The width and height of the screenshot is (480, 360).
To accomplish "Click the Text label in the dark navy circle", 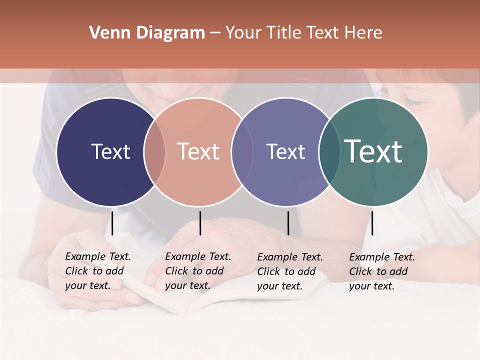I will click(110, 151).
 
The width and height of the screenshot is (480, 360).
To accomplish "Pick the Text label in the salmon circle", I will click(198, 151).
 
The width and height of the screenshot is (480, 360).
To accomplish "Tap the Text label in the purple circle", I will click(285, 151).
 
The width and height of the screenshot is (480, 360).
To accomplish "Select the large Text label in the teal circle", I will click(373, 151).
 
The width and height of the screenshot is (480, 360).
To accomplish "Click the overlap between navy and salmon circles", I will click(154, 151).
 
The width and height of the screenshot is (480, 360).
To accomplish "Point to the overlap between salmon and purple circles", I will click(242, 151).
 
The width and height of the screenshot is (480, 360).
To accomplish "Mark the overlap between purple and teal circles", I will click(328, 151).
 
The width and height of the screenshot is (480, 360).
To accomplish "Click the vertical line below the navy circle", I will click(112, 223).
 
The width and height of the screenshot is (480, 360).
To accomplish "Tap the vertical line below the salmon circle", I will click(200, 223).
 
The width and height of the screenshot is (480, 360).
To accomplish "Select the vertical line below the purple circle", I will click(288, 223).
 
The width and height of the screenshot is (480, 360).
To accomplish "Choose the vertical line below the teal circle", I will click(372, 223).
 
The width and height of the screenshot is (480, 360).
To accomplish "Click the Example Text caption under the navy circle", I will click(98, 271).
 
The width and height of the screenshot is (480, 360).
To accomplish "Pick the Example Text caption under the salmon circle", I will click(198, 271).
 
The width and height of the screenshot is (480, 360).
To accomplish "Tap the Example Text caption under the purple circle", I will click(290, 271).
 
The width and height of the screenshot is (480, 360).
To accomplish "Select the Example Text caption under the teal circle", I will click(382, 271).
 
